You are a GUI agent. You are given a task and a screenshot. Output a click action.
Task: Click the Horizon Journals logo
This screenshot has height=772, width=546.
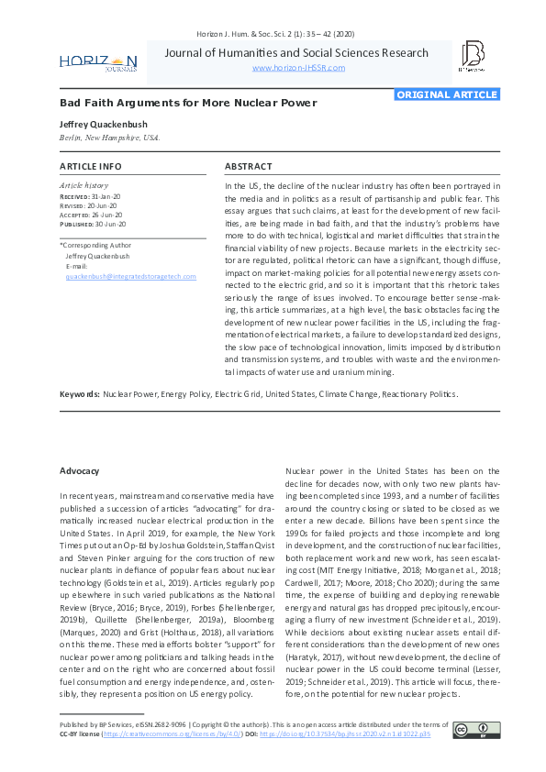(98, 61)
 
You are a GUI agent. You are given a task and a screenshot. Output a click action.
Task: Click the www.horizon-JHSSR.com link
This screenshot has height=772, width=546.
(297, 68)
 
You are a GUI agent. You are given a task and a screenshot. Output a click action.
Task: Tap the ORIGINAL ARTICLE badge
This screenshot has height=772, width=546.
(447, 94)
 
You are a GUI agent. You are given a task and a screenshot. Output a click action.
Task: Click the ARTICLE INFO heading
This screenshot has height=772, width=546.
(90, 167)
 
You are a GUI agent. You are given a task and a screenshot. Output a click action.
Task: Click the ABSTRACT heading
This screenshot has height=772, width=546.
(248, 167)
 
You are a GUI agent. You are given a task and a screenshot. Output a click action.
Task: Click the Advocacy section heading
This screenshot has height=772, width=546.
(80, 470)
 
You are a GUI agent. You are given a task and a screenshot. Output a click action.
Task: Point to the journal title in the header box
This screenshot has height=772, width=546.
(296, 52)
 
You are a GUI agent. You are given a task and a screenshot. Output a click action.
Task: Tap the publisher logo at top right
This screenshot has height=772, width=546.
(473, 56)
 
